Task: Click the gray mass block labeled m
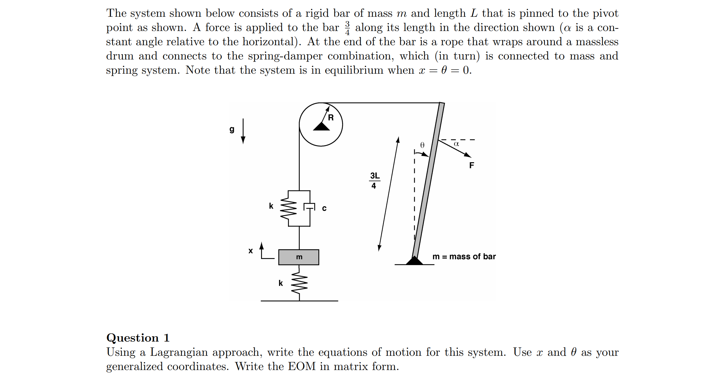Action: point(298,257)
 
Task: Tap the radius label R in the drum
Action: point(331,118)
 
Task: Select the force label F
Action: point(472,165)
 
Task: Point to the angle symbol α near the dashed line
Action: point(456,144)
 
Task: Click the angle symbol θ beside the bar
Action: point(422,145)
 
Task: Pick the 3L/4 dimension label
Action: point(374,181)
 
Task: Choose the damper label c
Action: point(324,208)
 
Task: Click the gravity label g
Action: point(232,129)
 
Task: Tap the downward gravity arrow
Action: point(243,131)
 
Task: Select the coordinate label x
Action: point(251,251)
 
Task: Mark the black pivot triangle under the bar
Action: point(414,261)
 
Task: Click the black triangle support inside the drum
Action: point(321,127)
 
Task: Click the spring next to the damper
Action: point(289,208)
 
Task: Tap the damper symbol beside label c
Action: point(309,207)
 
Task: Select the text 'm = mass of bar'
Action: point(464,256)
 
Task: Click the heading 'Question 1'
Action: point(138,338)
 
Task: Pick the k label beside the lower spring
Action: point(281,283)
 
